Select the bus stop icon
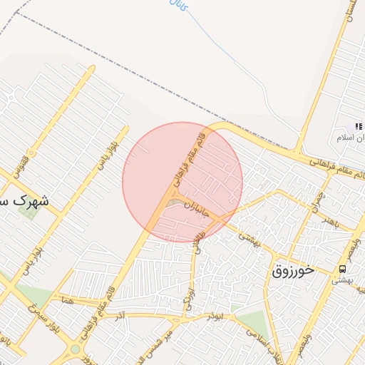coord(343,269)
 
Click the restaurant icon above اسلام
coord(358,126)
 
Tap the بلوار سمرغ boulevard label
coord(43,321)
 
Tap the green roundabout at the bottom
coord(75,349)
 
